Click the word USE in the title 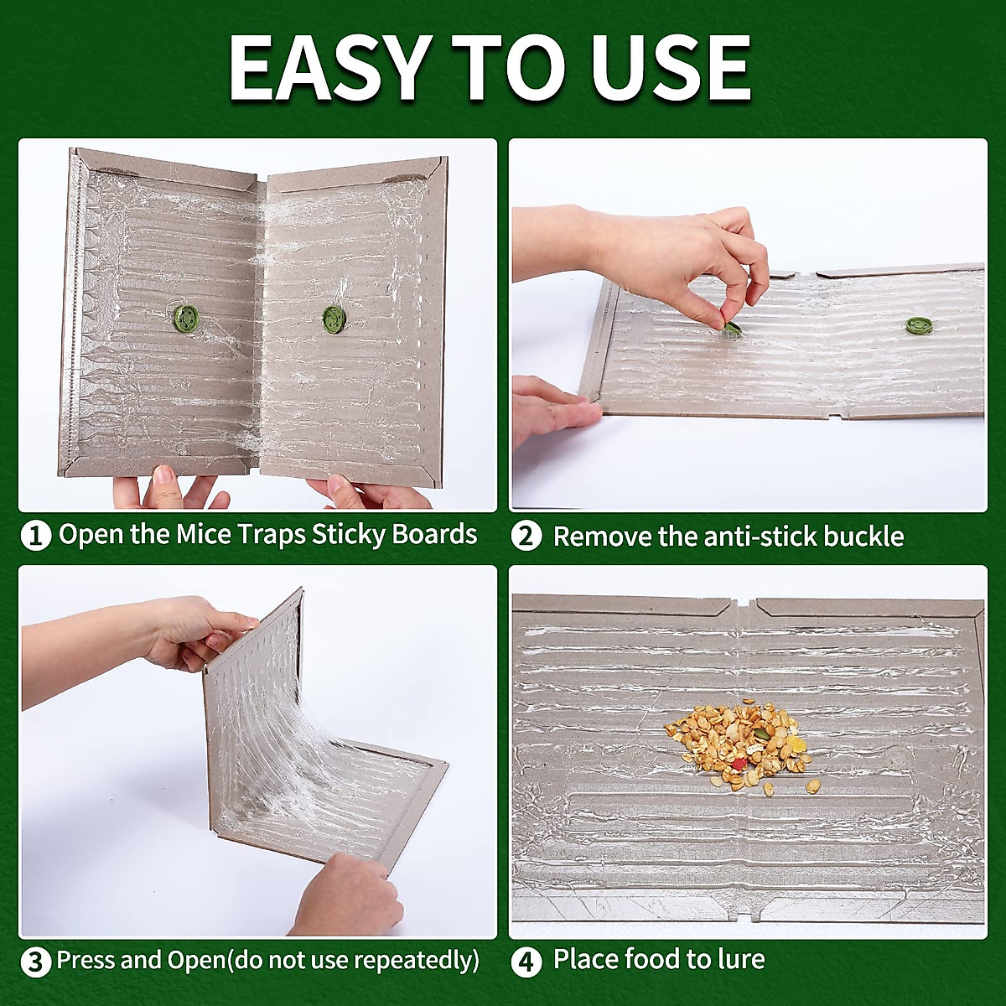coord(671,69)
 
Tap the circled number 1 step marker coord(35,536)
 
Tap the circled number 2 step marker coord(526,537)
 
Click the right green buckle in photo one coord(334,318)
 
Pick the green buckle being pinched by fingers coord(730,328)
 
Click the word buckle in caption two coord(863,537)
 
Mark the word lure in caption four coord(737,959)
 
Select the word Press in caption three coord(86,961)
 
